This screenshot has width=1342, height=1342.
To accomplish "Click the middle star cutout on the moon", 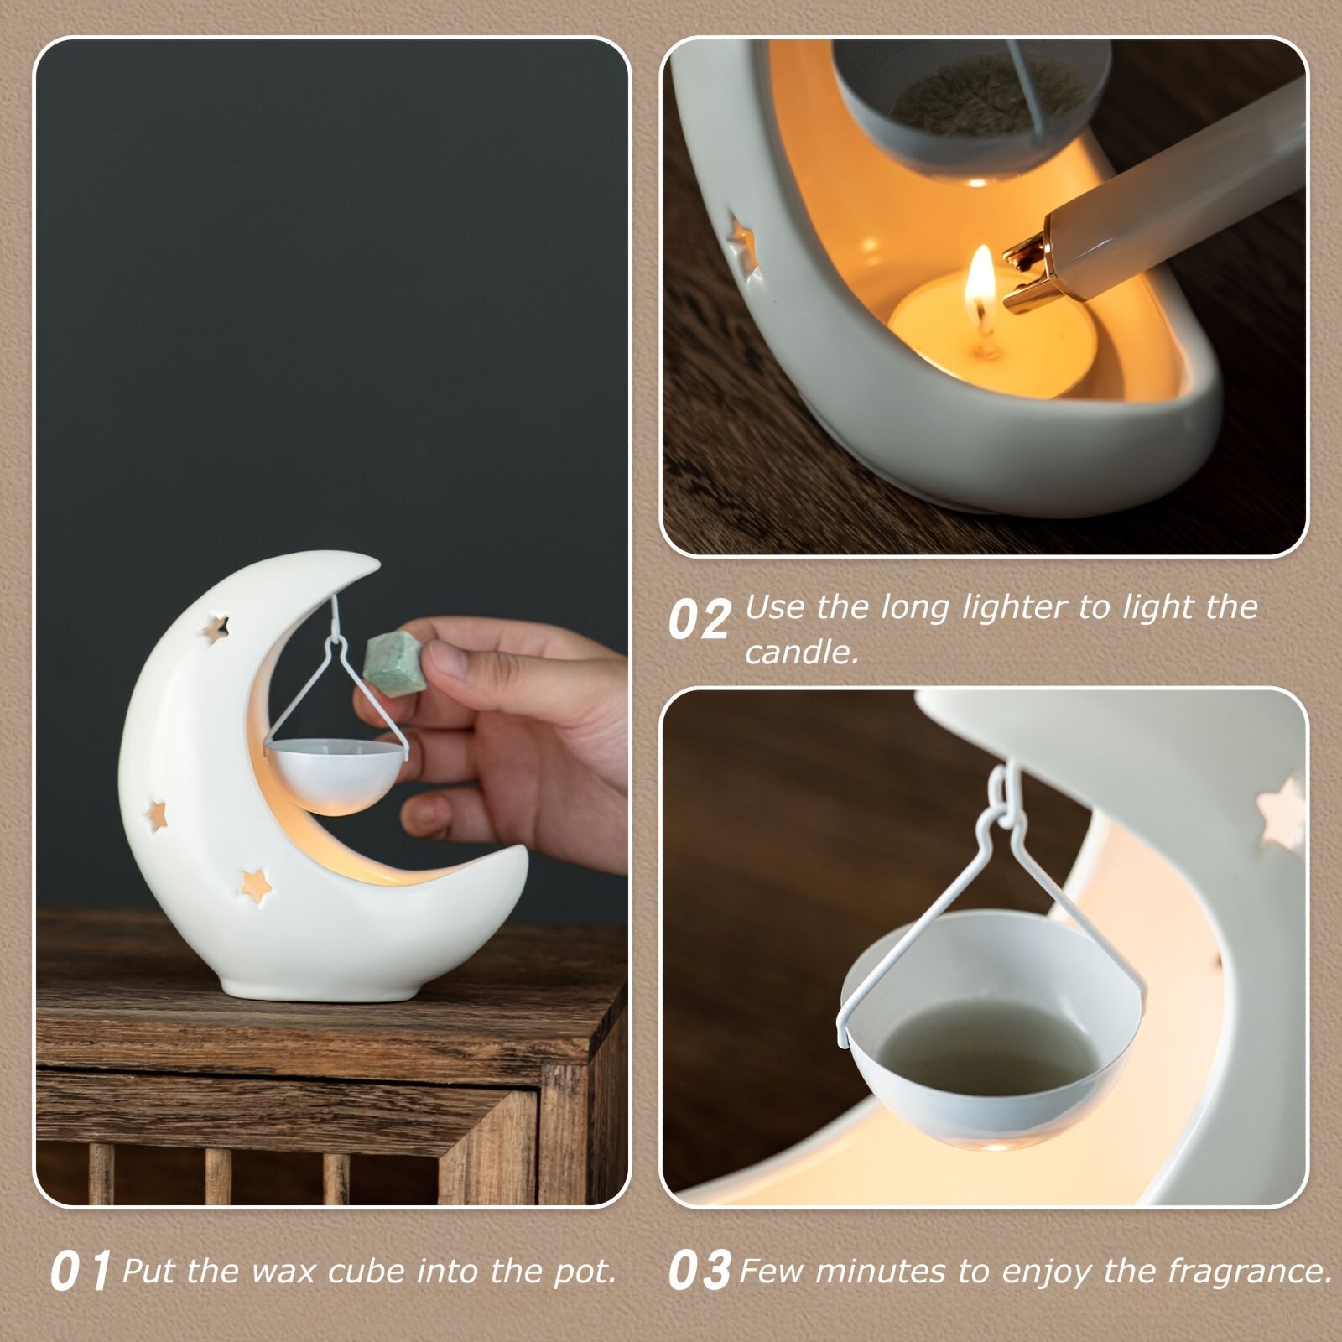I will point(156,813).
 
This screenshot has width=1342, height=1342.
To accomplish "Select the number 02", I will point(699,622).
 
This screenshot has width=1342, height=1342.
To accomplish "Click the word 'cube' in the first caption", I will point(366,1272).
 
